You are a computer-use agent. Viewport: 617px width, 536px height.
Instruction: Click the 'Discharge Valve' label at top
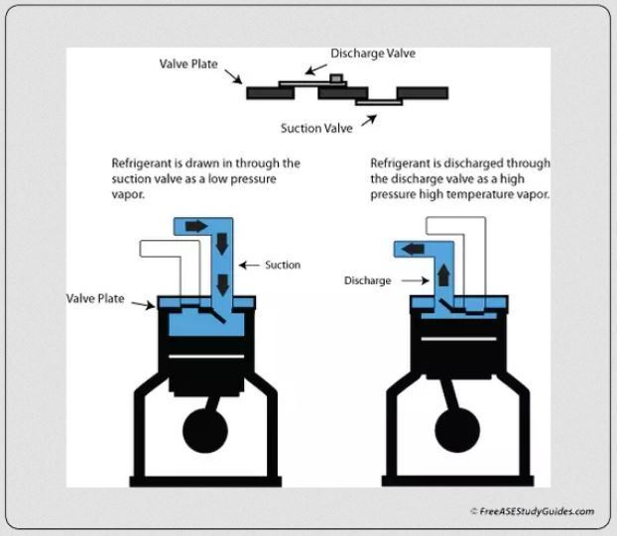[x=372, y=54]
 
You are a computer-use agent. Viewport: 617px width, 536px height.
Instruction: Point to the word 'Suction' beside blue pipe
[x=283, y=265]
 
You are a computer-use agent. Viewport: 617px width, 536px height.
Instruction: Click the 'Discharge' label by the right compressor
[x=368, y=280]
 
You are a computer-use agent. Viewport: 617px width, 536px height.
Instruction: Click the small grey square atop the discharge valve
[x=336, y=77]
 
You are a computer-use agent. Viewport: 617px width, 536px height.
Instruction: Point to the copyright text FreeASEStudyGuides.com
[x=532, y=511]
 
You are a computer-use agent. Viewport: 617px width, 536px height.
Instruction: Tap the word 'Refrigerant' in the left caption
[x=144, y=162]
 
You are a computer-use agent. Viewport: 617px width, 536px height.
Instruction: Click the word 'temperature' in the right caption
[x=476, y=194]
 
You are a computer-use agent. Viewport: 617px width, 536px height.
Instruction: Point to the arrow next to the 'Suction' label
[x=249, y=265]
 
